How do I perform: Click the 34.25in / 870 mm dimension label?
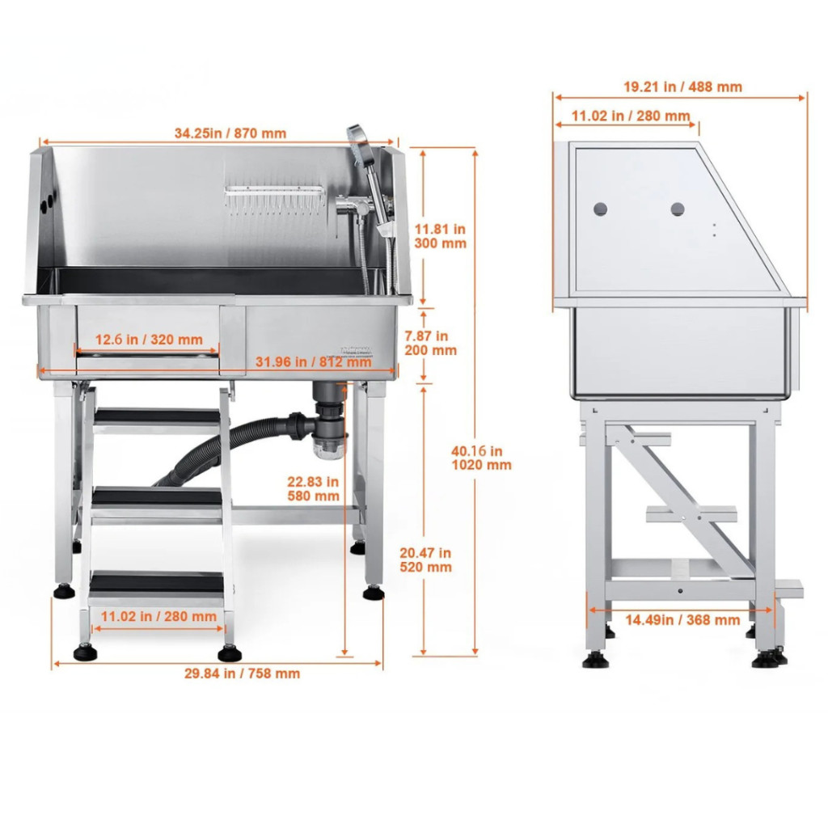[230, 133]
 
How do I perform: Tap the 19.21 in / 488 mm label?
[682, 87]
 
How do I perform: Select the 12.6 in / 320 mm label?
[149, 340]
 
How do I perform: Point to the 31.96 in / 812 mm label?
[314, 362]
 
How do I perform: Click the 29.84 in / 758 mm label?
[242, 674]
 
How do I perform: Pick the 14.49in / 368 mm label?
[682, 620]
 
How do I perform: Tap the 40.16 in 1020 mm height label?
[481, 458]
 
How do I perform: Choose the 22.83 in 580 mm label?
[313, 488]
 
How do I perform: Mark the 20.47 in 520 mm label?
[425, 560]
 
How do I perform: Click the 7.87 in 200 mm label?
[430, 343]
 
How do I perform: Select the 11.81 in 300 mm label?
[440, 236]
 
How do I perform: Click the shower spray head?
[360, 145]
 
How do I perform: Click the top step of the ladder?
[157, 417]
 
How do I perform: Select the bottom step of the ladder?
[157, 584]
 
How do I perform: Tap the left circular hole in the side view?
[601, 209]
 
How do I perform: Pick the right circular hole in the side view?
[678, 209]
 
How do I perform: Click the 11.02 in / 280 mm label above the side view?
[631, 116]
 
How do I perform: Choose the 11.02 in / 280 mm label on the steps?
[158, 616]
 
